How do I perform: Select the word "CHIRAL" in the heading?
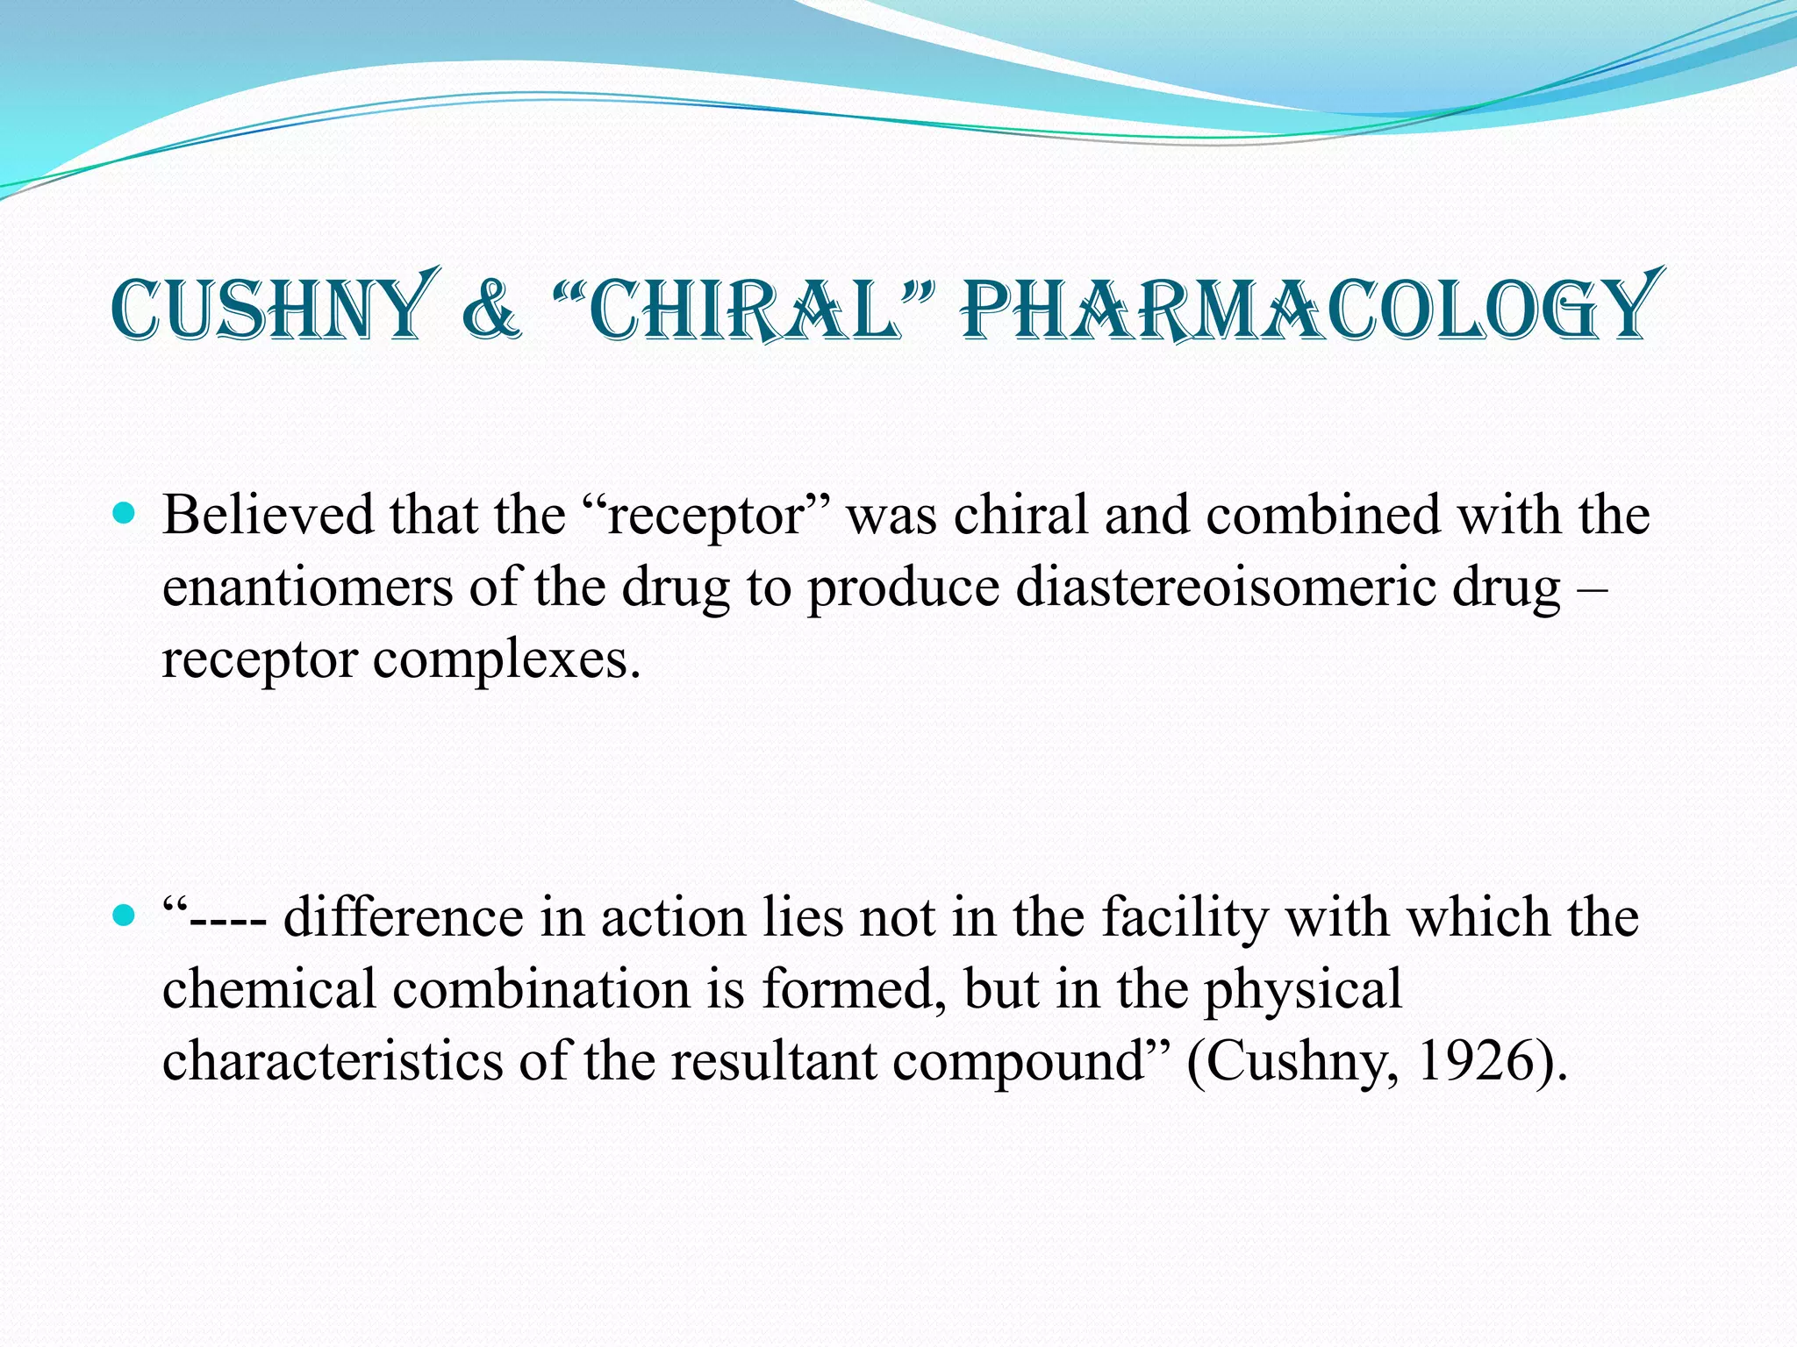(x=744, y=309)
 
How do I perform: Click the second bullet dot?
(x=125, y=916)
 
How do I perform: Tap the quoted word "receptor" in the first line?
(x=705, y=517)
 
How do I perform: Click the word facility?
(x=1185, y=918)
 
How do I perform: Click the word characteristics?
(x=333, y=1062)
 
